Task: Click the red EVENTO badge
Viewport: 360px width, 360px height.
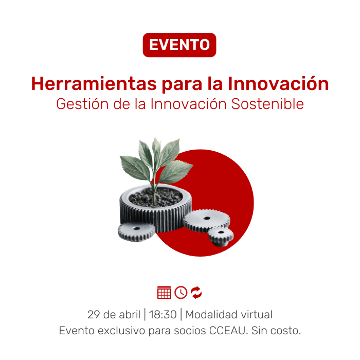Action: tap(179, 45)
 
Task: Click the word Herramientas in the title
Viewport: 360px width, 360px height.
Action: tap(94, 83)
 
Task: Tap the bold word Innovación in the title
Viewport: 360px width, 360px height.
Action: tap(278, 83)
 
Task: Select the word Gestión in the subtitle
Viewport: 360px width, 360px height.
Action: tap(82, 104)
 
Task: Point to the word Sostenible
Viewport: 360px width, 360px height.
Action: tap(267, 104)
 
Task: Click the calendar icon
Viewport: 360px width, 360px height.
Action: tap(164, 292)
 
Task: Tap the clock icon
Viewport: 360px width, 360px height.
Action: tap(181, 292)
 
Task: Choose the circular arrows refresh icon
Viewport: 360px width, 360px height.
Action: tap(196, 292)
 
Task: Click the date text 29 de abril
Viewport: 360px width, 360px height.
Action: tap(114, 314)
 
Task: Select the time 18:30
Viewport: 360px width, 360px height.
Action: tap(163, 315)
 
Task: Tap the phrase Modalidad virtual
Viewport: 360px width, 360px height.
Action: tap(229, 314)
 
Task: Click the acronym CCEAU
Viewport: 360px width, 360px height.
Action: tap(227, 331)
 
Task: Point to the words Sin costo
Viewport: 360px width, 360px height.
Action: tap(276, 331)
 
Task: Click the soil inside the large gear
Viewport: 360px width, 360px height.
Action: tap(156, 197)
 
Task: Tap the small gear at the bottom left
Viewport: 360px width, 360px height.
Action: tap(137, 231)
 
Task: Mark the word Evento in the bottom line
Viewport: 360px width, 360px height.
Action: tap(77, 331)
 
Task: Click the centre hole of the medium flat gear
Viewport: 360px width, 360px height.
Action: tap(207, 218)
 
